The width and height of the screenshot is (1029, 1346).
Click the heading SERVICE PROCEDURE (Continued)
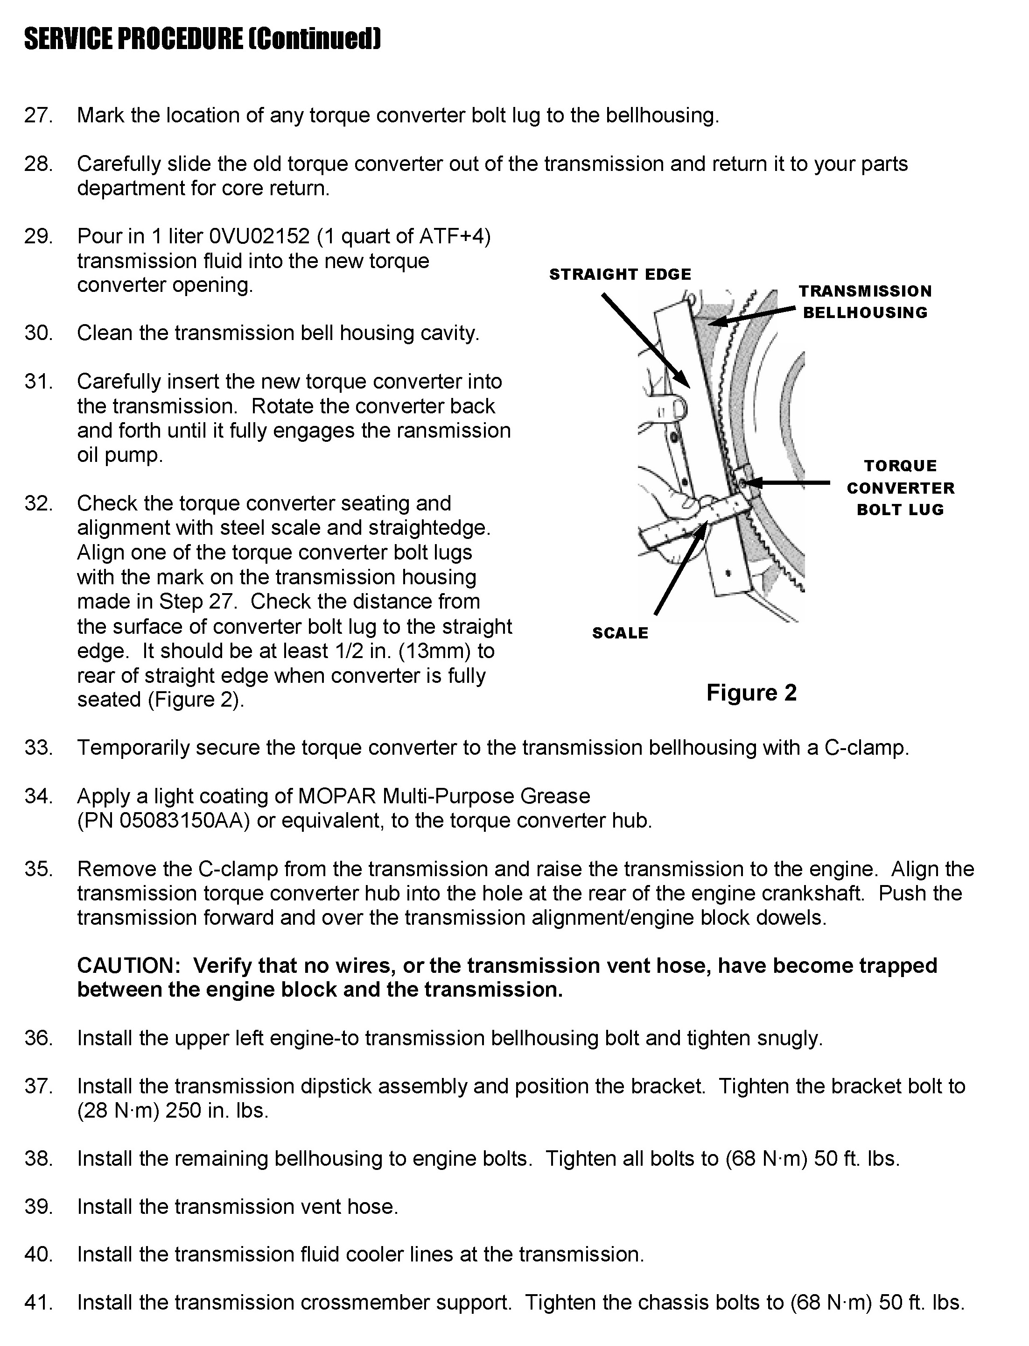[x=203, y=39]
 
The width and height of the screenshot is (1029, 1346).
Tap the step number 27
[x=38, y=115]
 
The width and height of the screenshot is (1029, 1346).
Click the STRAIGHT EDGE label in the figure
[x=620, y=274]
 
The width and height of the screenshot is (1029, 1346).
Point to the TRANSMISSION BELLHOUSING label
[x=865, y=302]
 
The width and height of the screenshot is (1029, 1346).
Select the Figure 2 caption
[x=751, y=692]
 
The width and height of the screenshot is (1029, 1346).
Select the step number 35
[x=38, y=869]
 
